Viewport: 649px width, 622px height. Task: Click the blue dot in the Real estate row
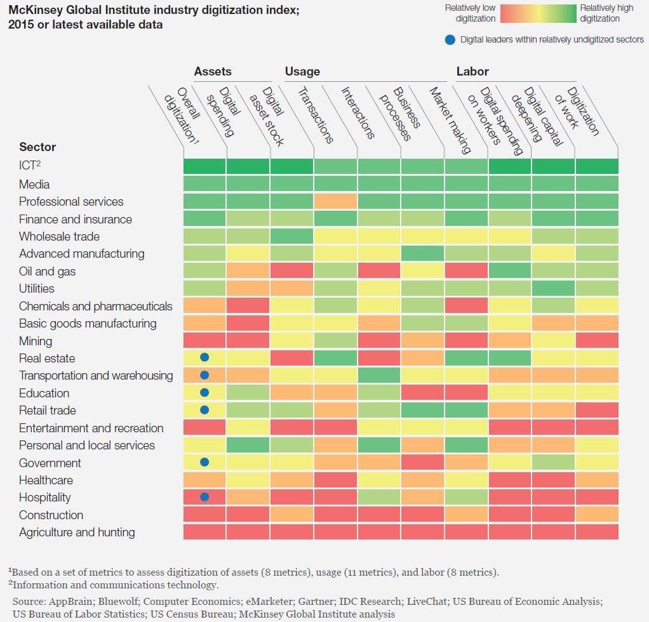tap(204, 358)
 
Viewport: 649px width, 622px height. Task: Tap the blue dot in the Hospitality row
tap(204, 497)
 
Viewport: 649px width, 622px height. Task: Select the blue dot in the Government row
tap(204, 463)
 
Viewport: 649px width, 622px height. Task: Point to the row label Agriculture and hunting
tap(77, 532)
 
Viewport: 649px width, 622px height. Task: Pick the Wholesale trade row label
tap(59, 236)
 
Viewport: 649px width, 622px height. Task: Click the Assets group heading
tap(213, 72)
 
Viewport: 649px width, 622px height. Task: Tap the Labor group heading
tap(472, 72)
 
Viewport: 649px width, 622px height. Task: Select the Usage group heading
tap(302, 72)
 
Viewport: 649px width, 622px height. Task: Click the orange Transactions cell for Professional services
tap(335, 201)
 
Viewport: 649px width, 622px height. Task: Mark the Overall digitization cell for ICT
tap(204, 166)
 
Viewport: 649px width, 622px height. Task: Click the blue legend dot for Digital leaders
tap(450, 39)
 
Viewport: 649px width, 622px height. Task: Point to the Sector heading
tap(37, 147)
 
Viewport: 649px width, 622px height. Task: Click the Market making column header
tap(450, 121)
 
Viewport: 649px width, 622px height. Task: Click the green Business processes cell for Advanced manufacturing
tap(422, 253)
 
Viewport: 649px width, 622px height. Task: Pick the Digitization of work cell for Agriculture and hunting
tap(596, 532)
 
